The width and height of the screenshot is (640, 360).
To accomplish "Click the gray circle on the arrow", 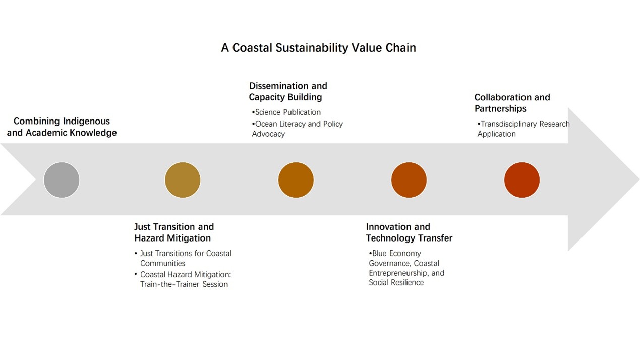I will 62,179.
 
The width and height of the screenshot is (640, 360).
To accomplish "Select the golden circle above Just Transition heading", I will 183,179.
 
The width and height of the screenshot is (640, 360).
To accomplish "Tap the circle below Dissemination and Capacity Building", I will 296,179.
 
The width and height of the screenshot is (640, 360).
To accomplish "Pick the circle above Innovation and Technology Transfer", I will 409,179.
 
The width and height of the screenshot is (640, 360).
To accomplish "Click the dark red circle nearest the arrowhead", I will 522,179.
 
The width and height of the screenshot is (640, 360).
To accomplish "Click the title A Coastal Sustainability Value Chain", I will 318,48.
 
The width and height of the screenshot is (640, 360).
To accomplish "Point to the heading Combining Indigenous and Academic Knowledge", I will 62,127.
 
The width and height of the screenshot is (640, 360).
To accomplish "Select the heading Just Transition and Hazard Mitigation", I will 174,232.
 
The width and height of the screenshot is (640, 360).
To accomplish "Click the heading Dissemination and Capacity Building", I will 288,91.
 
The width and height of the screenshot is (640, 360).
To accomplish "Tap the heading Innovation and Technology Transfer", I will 409,232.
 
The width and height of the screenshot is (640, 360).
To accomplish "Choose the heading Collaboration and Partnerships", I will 512,103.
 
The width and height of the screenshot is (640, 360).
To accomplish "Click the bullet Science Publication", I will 287,112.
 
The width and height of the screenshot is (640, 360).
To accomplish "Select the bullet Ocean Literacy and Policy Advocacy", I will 297,129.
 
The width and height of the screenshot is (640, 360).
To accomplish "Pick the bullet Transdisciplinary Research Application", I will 523,129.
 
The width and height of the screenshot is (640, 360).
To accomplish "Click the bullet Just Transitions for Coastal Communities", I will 185,258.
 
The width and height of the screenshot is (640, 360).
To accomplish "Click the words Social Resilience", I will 396,282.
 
